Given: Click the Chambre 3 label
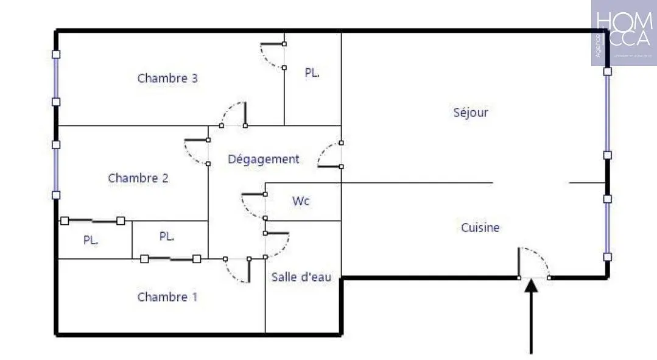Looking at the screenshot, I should tap(167, 78).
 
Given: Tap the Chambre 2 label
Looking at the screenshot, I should tap(138, 178).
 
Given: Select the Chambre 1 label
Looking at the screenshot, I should tap(167, 297).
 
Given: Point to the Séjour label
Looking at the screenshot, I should tap(471, 112).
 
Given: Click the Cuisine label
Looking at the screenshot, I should tap(480, 227).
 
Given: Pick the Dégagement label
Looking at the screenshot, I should tap(263, 159).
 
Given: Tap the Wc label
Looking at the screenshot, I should tap(301, 200).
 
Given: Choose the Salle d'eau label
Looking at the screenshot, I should tap(301, 277).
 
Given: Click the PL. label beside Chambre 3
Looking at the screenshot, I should tap(312, 72).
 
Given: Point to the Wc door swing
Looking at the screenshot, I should tap(253, 206).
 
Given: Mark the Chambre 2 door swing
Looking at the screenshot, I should tap(196, 152).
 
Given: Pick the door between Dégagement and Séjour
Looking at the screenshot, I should tap(330, 155).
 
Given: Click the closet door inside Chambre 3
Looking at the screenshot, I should tap(272, 55).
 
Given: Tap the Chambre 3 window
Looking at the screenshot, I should tap(56, 77).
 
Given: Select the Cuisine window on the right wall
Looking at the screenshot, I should tap(607, 227).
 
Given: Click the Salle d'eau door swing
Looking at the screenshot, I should tap(278, 244).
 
